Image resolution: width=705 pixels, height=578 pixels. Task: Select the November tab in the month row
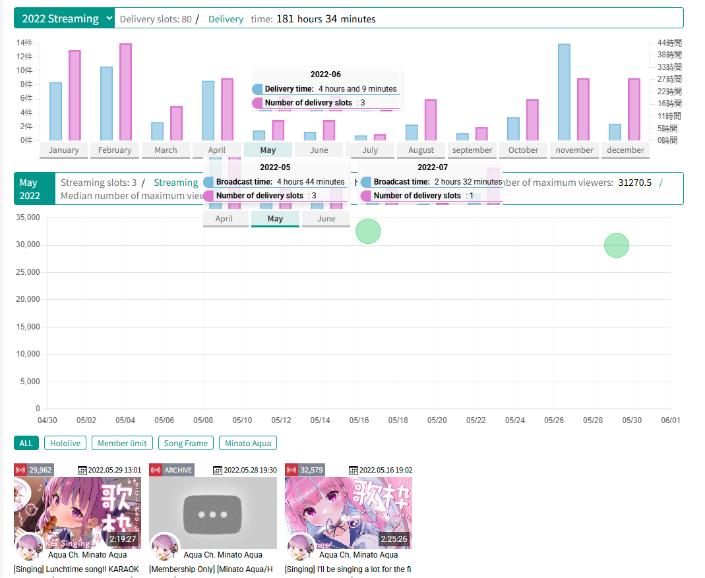coord(574,150)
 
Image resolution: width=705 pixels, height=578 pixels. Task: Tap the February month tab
coord(115,150)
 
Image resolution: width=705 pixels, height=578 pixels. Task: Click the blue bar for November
coord(564,92)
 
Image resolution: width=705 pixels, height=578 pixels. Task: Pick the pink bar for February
coord(125,92)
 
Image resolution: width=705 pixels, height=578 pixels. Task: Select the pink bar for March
coord(176,123)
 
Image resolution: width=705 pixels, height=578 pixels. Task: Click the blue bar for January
coord(55,111)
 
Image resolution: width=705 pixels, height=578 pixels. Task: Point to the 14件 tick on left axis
coord(24,43)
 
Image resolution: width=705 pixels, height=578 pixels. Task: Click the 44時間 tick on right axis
coord(669,43)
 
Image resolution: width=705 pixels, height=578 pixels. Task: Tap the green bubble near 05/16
coord(368,231)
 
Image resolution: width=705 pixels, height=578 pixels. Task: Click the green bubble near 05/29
coord(616,245)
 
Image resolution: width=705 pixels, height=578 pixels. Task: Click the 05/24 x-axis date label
coord(515,420)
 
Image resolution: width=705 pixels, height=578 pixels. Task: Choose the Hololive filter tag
coord(65,444)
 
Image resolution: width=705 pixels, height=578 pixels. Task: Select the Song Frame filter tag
coord(185,444)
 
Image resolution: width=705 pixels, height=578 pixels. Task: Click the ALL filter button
coord(26,444)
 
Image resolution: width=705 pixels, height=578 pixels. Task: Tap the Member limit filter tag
coord(122,444)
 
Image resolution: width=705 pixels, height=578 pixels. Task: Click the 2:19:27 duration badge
coord(123,538)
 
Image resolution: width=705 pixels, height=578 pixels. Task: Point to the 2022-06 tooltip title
coord(326,74)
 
